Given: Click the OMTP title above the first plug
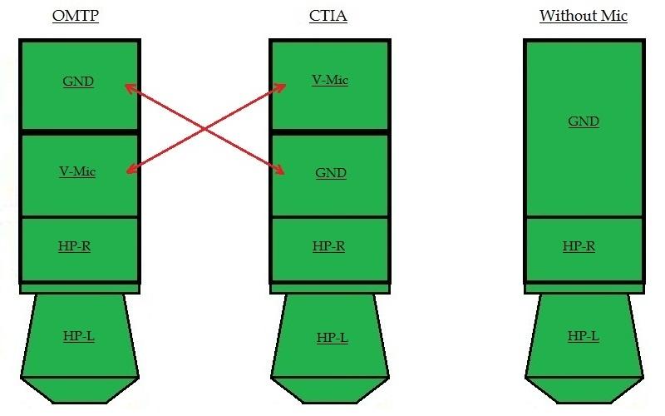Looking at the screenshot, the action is (76, 16).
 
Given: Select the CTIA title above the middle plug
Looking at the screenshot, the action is (328, 16).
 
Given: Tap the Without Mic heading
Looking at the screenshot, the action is (584, 16).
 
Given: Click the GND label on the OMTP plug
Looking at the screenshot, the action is (78, 81).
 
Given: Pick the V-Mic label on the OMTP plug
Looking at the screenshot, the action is (77, 171).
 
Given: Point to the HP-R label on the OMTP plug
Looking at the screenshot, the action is (74, 246).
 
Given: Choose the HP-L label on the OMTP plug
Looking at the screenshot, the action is (78, 336).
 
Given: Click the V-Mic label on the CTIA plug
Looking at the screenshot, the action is (330, 80).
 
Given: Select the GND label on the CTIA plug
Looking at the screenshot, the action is (331, 173).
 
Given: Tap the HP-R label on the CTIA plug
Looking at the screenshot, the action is (328, 246).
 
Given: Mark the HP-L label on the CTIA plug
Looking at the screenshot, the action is (332, 338).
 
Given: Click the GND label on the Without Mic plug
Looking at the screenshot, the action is (584, 121).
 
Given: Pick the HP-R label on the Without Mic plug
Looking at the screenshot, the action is (579, 246).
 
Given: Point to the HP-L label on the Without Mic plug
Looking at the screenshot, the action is (584, 336).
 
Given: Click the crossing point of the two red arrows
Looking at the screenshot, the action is (205, 129).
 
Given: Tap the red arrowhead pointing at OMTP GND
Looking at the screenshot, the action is (131, 88).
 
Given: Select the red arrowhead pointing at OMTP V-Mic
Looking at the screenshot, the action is (132, 170).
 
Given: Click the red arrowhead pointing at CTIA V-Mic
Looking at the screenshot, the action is (280, 87).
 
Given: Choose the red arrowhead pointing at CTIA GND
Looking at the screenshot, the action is (278, 170).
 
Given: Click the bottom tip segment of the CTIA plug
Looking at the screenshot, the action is (330, 389).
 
